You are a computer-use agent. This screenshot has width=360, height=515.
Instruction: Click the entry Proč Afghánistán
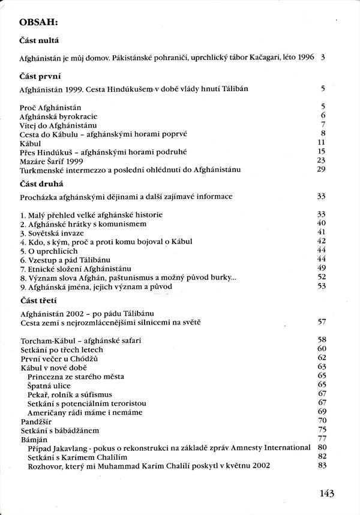pyautogui.click(x=50, y=107)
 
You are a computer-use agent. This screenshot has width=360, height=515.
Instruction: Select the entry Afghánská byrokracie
pyautogui.click(x=58, y=116)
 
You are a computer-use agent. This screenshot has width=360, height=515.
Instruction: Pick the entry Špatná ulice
pyautogui.click(x=49, y=384)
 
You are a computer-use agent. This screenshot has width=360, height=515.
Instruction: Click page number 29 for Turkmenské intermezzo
pyautogui.click(x=321, y=170)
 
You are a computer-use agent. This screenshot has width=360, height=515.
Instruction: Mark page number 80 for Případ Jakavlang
pyautogui.click(x=322, y=448)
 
